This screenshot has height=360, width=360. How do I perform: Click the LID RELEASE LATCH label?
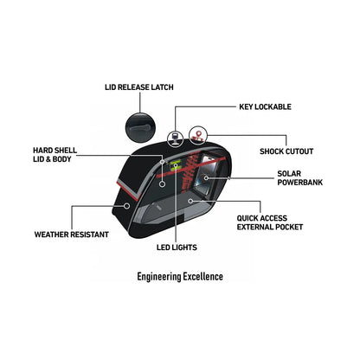pyautogui.click(x=139, y=87)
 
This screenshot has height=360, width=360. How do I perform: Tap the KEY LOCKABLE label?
pyautogui.click(x=265, y=106)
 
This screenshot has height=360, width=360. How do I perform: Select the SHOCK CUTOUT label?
pyautogui.click(x=286, y=151)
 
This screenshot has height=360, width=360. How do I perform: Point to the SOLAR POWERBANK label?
pyautogui.click(x=300, y=178)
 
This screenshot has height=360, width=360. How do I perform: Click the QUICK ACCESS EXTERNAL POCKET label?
pyautogui.click(x=270, y=222)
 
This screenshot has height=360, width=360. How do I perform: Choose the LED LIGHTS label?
pyautogui.click(x=177, y=247)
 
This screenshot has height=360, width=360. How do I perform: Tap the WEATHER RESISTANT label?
pyautogui.click(x=72, y=235)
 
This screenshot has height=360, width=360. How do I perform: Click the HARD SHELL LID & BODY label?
pyautogui.click(x=55, y=155)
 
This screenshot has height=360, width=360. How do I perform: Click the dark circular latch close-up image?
pyautogui.click(x=140, y=128)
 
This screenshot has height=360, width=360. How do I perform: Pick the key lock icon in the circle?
pyautogui.click(x=176, y=138)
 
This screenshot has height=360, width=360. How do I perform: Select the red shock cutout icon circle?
pyautogui.click(x=198, y=135)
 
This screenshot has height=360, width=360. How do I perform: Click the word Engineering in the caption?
pyautogui.click(x=158, y=276)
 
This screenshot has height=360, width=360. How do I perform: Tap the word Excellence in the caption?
pyautogui.click(x=203, y=276)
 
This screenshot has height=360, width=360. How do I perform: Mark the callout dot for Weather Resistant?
pyautogui.click(x=126, y=206)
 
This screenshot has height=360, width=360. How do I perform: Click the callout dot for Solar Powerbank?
pyautogui.click(x=206, y=177)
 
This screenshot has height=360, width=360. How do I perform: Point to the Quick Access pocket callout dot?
pyautogui.click(x=190, y=201)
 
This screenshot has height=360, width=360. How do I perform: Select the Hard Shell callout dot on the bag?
pyautogui.click(x=163, y=183)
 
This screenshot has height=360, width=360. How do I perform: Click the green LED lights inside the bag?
pyautogui.click(x=175, y=164)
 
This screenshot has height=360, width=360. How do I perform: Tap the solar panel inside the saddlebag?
pyautogui.click(x=207, y=173)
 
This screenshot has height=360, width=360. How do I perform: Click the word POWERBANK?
pyautogui.click(x=300, y=183)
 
